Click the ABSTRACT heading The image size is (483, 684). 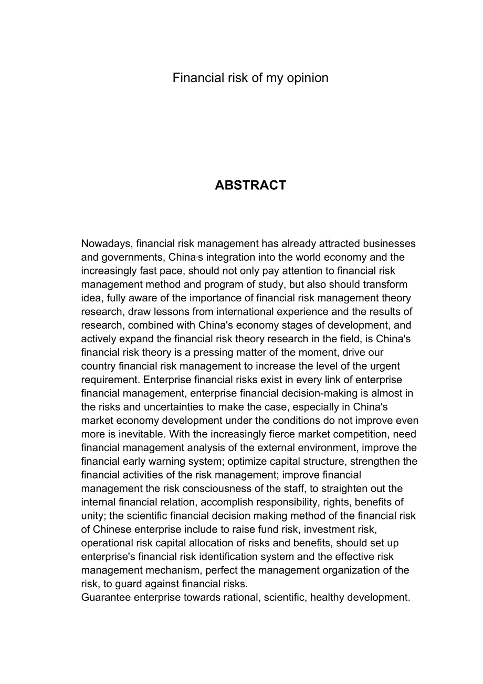tap(250, 185)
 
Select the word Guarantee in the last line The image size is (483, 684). tap(106, 597)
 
